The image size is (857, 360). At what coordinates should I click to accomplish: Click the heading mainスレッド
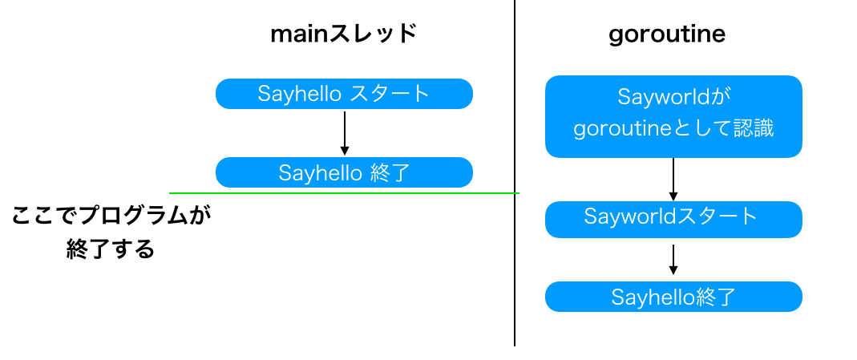click(344, 34)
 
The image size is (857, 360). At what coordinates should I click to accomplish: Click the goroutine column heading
click(667, 34)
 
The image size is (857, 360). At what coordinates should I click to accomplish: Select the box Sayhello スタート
click(344, 94)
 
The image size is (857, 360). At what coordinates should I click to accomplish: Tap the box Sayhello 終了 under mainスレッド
click(344, 172)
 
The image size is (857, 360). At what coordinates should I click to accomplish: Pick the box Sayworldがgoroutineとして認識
click(673, 116)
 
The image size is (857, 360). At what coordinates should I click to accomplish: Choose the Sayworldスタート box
click(673, 219)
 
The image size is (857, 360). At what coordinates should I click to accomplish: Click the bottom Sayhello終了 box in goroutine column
click(673, 297)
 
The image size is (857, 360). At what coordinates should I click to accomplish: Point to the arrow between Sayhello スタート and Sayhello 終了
click(344, 132)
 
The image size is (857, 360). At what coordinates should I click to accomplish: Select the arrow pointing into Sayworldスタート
click(673, 179)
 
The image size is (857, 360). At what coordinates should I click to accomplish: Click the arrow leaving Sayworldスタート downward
click(673, 259)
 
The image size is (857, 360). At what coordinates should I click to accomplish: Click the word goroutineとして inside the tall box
click(653, 129)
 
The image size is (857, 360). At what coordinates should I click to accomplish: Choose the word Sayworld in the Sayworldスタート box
click(626, 216)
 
